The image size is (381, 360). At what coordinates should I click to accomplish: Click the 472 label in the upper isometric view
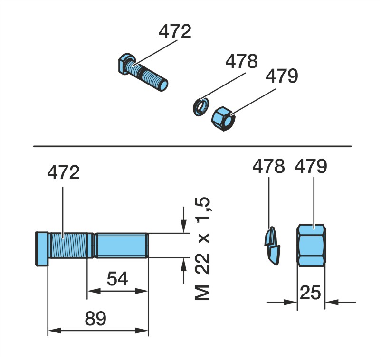point(175,31)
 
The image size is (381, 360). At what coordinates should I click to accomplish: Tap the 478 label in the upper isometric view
point(241,61)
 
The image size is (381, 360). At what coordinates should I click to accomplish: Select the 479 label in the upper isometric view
point(282,76)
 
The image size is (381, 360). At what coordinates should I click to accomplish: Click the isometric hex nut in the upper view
point(223,119)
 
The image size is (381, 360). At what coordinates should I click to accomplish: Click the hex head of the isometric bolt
point(126,63)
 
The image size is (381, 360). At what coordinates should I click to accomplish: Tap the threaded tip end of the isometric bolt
point(163,85)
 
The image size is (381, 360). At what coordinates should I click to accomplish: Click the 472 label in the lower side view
point(63,172)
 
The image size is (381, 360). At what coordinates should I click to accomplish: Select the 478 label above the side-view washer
point(268,166)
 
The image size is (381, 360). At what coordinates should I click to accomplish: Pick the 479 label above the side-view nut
point(311,166)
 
